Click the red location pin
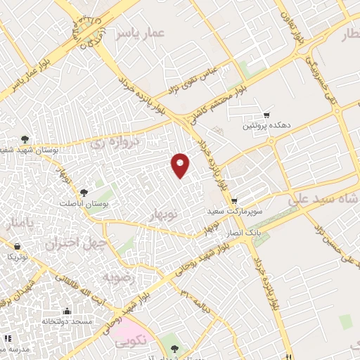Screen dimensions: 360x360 [x=181, y=165]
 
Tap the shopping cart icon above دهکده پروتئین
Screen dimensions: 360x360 [x=266, y=115]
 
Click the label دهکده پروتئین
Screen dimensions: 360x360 [x=266, y=127]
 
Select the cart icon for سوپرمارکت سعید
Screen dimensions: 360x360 [x=233, y=200]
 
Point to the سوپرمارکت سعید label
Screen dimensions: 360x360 [x=234, y=211]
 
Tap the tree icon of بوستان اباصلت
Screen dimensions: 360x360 [x=84, y=191]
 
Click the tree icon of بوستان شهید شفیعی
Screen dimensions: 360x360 [x=25, y=139]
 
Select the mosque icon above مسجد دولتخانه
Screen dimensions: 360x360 [x=67, y=311]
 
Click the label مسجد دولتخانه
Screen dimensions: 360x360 [x=67, y=322]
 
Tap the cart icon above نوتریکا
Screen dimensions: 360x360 [x=18, y=246]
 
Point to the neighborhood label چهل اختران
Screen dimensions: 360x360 [x=75, y=244]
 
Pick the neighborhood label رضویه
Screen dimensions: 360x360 [x=119, y=278]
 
